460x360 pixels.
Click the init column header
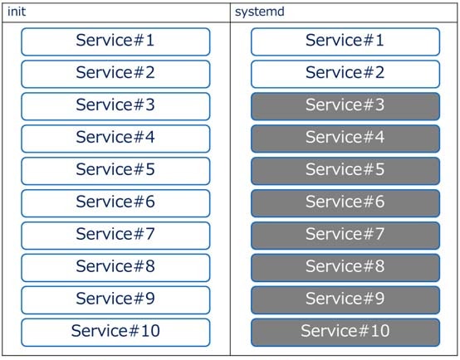(17, 12)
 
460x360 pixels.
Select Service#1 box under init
(115, 41)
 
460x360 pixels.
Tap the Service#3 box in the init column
(115, 105)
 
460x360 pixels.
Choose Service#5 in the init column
(115, 170)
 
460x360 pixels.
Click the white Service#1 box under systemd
(345, 41)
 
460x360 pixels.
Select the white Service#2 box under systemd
(345, 73)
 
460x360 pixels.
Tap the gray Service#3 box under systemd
(345, 105)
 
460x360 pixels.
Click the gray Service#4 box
(345, 138)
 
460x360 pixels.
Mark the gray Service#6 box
(345, 202)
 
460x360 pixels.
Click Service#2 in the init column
(115, 73)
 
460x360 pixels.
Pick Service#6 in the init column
(115, 202)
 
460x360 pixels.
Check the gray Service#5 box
(345, 170)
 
